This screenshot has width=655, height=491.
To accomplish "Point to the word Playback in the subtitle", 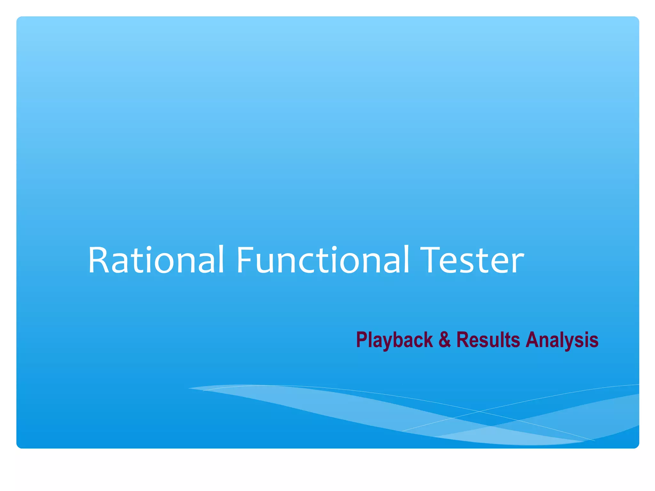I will tap(394, 340).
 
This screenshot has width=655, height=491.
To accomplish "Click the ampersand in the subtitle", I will tap(445, 339).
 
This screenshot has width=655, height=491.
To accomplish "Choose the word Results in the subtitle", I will tap(488, 339).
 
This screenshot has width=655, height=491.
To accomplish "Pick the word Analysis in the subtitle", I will tap(562, 340).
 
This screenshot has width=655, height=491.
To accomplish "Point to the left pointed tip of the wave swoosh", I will tap(189, 388).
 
